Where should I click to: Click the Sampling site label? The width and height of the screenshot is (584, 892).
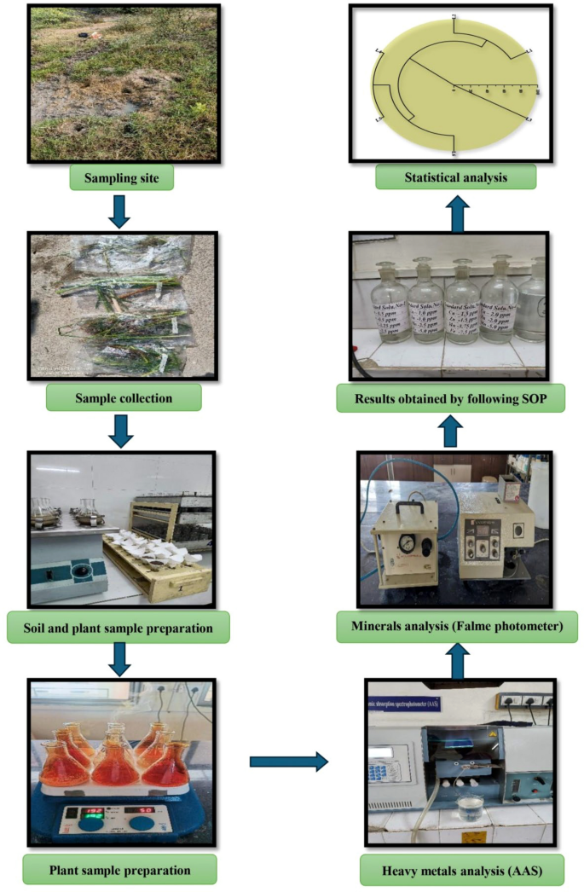[121, 178]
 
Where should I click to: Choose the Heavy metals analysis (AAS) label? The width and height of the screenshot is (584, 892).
[456, 871]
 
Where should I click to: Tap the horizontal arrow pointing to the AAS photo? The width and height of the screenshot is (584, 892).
[288, 761]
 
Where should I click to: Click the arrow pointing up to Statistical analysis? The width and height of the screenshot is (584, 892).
[457, 212]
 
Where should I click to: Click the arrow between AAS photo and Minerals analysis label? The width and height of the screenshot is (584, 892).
[457, 661]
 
